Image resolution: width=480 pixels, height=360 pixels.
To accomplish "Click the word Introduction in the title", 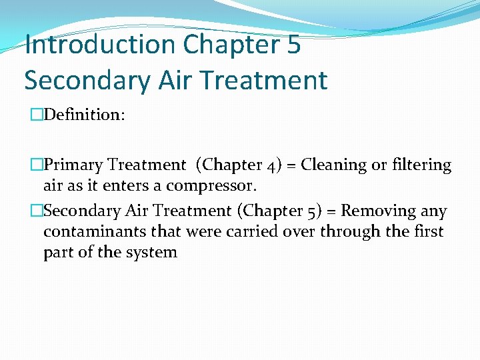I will pos(100,45).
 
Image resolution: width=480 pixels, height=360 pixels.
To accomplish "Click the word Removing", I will pos(378,211).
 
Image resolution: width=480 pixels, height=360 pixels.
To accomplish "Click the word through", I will pos(350,232).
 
